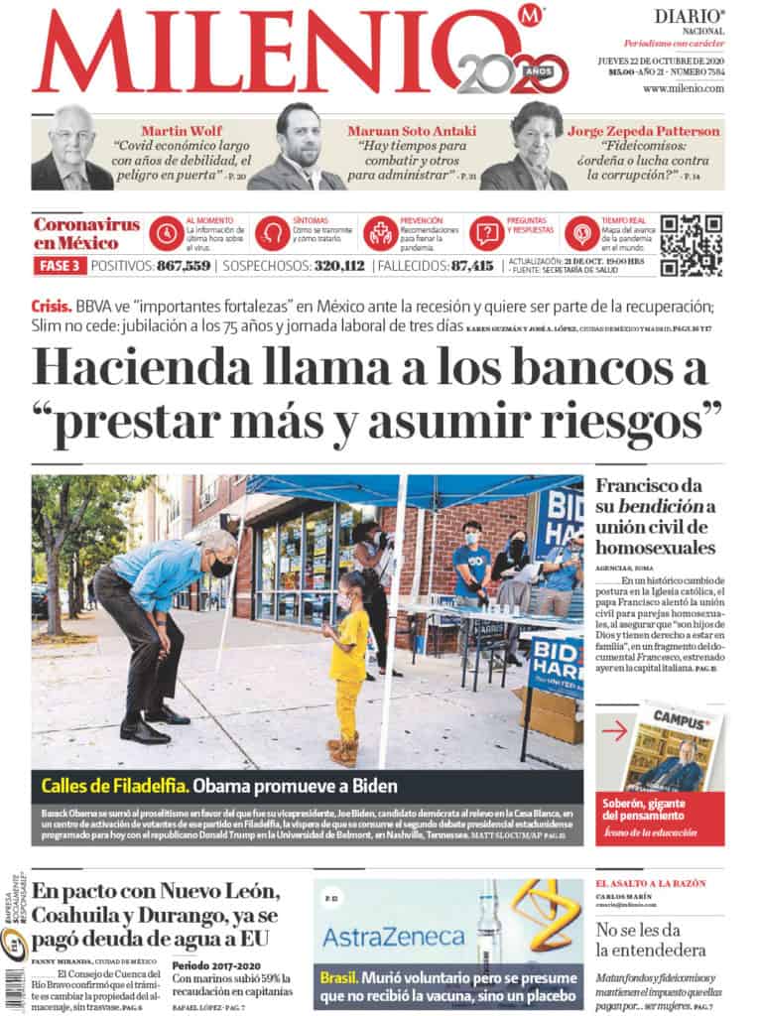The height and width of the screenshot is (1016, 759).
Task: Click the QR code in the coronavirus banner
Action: (x=691, y=245)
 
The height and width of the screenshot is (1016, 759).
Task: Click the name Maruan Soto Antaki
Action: (x=412, y=131)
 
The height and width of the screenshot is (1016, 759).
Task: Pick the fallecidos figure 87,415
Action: (x=471, y=266)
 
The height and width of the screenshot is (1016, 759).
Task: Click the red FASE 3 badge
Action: (x=60, y=266)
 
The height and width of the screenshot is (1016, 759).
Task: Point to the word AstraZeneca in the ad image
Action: (x=393, y=936)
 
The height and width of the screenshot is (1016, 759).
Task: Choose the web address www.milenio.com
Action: (x=683, y=89)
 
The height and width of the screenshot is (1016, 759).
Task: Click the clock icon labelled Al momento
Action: (x=165, y=234)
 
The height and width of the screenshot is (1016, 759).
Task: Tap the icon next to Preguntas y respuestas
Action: (x=485, y=234)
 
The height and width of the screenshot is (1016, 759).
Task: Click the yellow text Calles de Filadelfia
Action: (x=114, y=787)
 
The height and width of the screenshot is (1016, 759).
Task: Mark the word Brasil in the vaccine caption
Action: (x=338, y=977)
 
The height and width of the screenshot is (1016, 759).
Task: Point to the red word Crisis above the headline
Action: (x=52, y=308)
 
